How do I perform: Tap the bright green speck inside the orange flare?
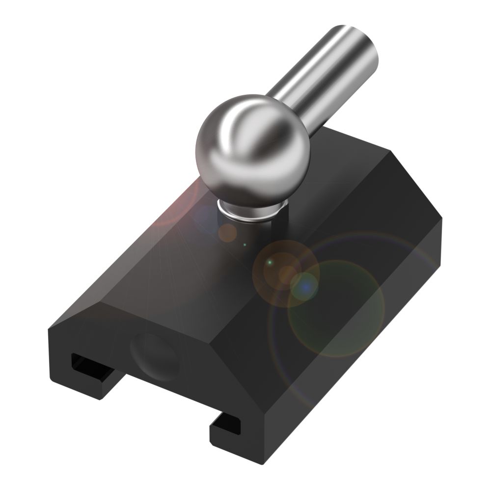[270, 264]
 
